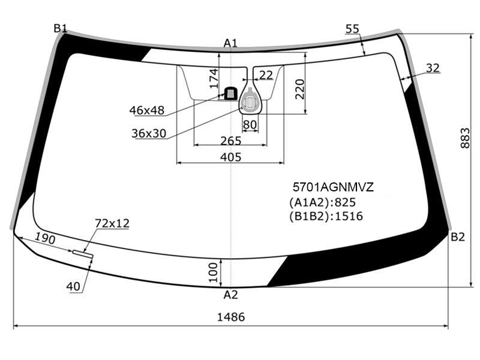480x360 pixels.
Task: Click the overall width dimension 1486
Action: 231,317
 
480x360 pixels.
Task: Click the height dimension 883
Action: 464,138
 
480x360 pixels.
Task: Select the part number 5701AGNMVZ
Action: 333,187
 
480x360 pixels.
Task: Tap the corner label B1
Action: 61,28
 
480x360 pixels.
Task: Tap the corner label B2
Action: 458,236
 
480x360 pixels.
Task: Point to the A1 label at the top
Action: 230,43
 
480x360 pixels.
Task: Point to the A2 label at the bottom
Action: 230,295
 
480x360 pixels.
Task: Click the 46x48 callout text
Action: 147,110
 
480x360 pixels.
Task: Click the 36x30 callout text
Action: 149,133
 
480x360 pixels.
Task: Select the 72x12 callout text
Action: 112,223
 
